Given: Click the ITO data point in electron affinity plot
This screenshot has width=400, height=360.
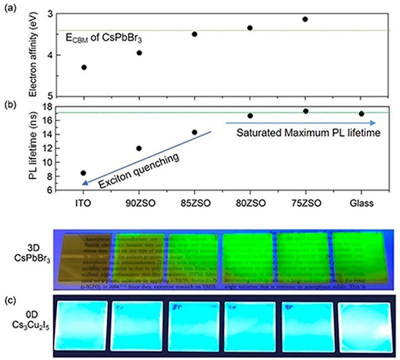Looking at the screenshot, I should pyautogui.click(x=84, y=67).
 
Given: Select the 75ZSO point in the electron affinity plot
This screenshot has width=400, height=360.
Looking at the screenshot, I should pyautogui.click(x=305, y=19).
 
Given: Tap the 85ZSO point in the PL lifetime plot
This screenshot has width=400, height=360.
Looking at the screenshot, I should pyautogui.click(x=194, y=132).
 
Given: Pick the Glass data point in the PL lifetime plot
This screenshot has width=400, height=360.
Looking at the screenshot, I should pyautogui.click(x=361, y=114).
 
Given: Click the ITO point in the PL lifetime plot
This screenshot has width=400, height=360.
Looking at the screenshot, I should pyautogui.click(x=84, y=174).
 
